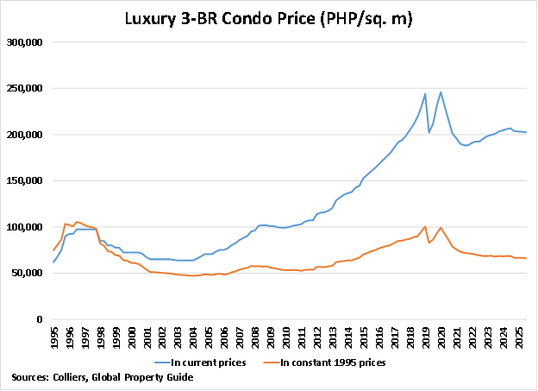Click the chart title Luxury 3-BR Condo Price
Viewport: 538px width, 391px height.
tap(268, 18)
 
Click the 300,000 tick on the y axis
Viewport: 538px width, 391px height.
tap(27, 42)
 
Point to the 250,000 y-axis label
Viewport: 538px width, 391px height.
tap(27, 89)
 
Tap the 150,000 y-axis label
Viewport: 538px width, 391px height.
tap(27, 181)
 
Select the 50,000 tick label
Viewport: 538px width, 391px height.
tap(29, 274)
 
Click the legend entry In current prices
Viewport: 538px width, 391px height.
tap(210, 363)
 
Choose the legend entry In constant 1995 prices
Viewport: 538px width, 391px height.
tap(336, 363)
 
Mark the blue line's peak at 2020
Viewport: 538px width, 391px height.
tap(441, 92)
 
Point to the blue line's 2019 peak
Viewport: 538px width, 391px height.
tap(425, 94)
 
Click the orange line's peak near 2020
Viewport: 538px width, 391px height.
tap(441, 228)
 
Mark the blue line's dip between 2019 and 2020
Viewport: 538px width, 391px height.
tap(429, 132)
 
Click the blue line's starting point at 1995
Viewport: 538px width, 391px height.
tap(53, 262)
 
